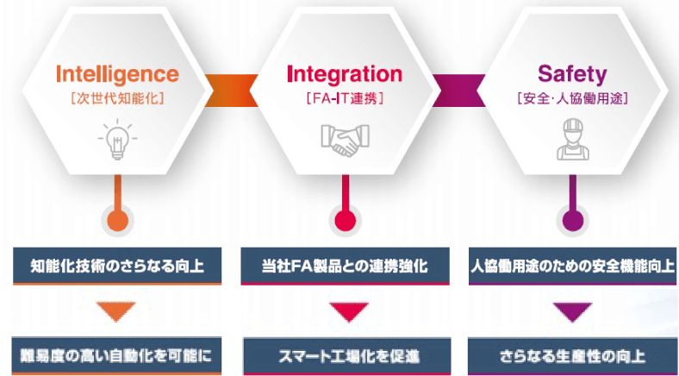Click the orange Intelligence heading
[117, 74]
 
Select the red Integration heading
[344, 74]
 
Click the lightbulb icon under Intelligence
[117, 141]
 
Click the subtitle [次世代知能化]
[117, 97]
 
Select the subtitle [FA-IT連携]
[344, 97]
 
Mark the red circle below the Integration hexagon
[345, 219]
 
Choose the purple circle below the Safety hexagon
[571, 219]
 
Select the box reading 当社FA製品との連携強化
[345, 266]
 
